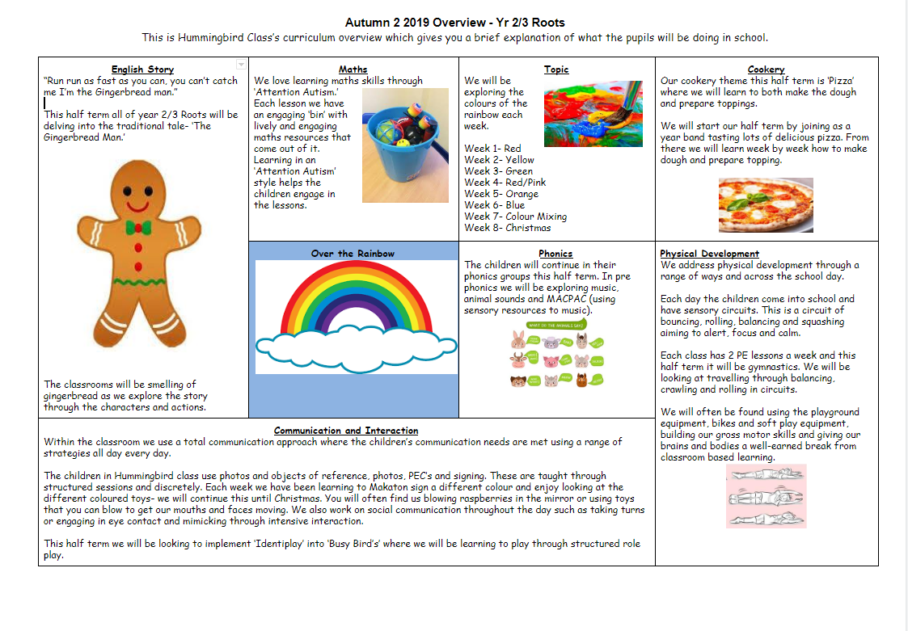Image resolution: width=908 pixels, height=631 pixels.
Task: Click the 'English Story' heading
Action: click(x=142, y=69)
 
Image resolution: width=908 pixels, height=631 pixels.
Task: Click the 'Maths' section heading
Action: click(x=353, y=69)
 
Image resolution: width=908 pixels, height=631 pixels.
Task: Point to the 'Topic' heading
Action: click(x=556, y=69)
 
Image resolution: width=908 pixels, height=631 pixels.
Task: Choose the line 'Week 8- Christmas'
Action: click(x=507, y=228)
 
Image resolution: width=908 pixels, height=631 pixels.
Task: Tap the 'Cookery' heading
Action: click(x=766, y=69)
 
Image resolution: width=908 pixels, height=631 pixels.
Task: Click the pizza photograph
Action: click(x=766, y=205)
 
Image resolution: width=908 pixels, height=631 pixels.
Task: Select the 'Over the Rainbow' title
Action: click(x=353, y=254)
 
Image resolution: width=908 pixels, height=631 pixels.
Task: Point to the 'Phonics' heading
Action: click(x=555, y=254)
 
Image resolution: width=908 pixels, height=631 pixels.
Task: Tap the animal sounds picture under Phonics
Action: click(x=555, y=355)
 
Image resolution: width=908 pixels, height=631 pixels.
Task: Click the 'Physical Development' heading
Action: click(x=709, y=254)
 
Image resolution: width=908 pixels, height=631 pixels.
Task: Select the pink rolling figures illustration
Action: click(x=766, y=496)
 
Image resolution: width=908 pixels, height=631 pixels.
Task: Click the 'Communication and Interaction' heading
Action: click(x=346, y=431)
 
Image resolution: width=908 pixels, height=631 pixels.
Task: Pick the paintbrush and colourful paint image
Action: click(x=593, y=112)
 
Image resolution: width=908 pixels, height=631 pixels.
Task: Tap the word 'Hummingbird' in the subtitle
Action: click(x=200, y=37)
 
